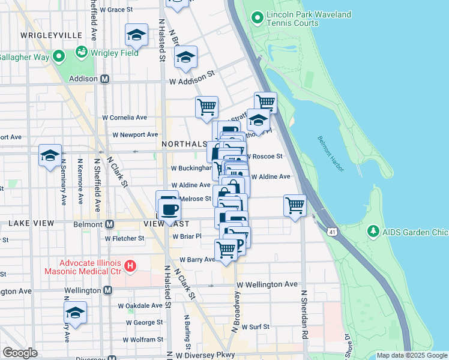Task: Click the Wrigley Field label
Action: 114,53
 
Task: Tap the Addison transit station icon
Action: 104,79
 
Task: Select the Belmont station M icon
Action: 109,224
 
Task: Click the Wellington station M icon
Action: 107,290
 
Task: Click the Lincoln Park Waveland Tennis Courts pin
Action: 258,18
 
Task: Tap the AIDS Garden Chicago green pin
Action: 373,232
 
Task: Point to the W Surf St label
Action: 259,327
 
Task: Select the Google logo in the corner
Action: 19,352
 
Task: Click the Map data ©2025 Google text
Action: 411,355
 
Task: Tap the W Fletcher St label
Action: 124,238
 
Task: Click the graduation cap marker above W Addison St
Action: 185,58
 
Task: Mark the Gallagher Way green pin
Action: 58,57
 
